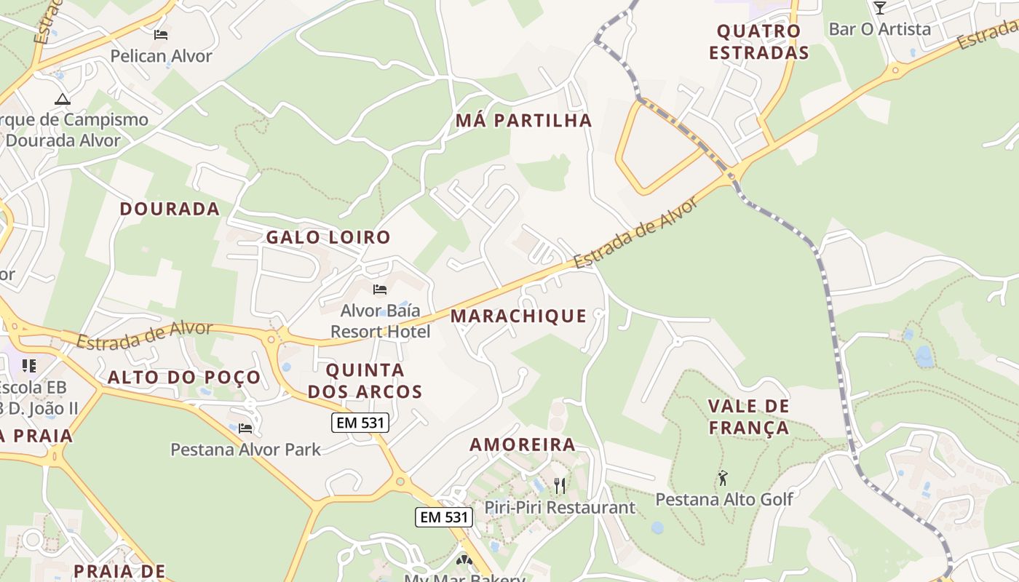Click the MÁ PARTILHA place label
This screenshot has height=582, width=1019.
[x=523, y=121]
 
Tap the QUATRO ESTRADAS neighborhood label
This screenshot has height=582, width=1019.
[x=758, y=42]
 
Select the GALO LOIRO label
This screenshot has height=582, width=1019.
[x=328, y=237]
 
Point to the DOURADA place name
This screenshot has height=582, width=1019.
[x=170, y=209]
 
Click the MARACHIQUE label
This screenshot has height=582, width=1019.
[x=518, y=316]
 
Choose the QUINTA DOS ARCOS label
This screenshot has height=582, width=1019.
[x=365, y=380]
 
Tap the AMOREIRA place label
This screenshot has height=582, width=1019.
[x=522, y=445]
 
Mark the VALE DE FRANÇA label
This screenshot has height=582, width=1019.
[x=749, y=417]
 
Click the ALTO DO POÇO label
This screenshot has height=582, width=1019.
[x=184, y=377]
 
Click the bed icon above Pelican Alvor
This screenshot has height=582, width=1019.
[x=161, y=34]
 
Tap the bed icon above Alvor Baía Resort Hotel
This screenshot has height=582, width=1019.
[x=379, y=290]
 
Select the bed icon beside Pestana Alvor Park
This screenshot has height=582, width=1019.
[x=245, y=428]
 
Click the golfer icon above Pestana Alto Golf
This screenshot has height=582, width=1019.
[x=723, y=478]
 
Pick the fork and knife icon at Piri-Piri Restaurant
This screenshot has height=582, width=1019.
[x=560, y=485]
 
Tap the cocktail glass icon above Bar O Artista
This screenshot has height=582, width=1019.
[x=879, y=8]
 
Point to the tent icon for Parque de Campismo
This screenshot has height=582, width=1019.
[x=63, y=98]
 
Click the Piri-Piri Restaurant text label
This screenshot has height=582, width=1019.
[x=560, y=507]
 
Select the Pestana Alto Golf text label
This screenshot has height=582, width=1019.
[x=724, y=500]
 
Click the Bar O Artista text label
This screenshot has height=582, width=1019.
[x=879, y=29]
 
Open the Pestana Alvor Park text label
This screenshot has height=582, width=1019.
[x=245, y=450]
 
